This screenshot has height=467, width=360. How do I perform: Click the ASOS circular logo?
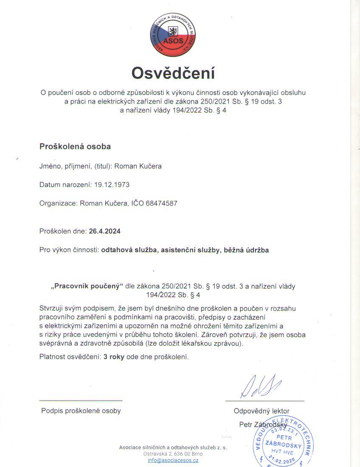(x=172, y=35)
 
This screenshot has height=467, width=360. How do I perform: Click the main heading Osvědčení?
(x=173, y=73)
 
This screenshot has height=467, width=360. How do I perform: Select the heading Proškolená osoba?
(x=75, y=146)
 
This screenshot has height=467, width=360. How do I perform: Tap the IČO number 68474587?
(x=161, y=203)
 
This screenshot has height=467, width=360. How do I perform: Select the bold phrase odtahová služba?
(x=129, y=250)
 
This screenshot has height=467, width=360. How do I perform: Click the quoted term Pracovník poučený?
(x=87, y=286)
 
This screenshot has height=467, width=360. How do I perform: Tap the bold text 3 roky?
(x=114, y=357)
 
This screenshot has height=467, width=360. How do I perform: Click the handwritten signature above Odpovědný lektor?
(x=261, y=386)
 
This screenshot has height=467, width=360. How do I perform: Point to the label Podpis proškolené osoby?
(x=81, y=411)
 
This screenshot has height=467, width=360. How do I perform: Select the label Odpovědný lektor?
(x=262, y=411)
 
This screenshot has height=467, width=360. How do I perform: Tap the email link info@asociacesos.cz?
(x=173, y=460)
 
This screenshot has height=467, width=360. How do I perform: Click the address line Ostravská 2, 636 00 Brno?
(x=173, y=454)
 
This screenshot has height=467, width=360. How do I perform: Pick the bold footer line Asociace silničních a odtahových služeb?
(x=173, y=447)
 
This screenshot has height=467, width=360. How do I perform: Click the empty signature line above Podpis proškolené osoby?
(x=81, y=400)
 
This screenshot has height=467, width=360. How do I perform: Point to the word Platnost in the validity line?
(x=52, y=357)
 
